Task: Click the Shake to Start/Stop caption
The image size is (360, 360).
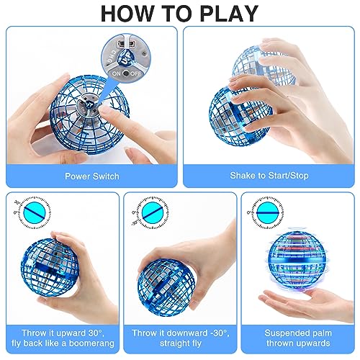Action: pyautogui.click(x=268, y=175)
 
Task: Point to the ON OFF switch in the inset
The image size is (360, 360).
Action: pyautogui.click(x=125, y=73)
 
